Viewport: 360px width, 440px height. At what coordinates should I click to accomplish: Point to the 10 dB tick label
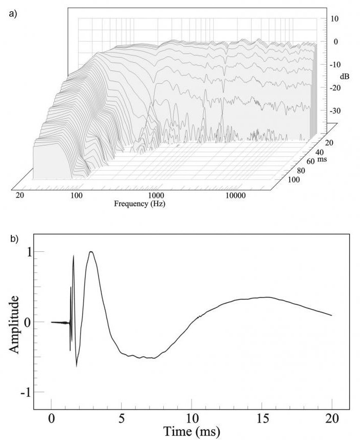[x=334, y=19]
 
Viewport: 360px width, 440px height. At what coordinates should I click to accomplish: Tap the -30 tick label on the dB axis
[x=334, y=111]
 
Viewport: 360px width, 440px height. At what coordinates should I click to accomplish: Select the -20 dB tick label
[x=334, y=88]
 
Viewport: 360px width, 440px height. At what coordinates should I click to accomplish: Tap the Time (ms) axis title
[x=192, y=430]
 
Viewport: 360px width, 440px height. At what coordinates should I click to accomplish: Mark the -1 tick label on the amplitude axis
[x=25, y=392]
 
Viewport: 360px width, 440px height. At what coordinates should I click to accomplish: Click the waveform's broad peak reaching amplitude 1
[x=91, y=252]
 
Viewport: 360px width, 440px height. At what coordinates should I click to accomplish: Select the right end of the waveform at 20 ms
[x=332, y=315]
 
